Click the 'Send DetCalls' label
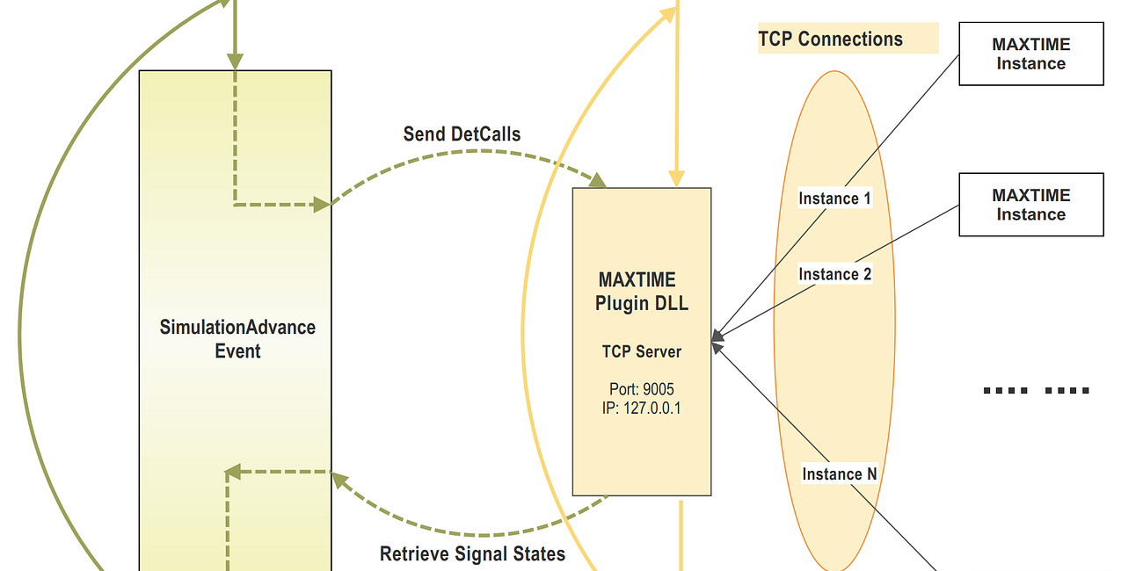click(462, 134)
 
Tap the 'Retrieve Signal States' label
click(472, 554)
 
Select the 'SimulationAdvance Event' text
click(237, 339)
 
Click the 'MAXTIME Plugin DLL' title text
click(641, 292)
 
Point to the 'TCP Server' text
click(641, 351)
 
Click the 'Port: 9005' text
click(641, 389)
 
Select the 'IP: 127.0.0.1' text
click(641, 408)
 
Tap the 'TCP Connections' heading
click(830, 40)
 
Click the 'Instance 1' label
click(834, 199)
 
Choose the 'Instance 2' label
click(834, 274)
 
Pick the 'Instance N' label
click(839, 474)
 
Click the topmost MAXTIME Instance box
click(1030, 54)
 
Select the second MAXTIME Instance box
click(1030, 205)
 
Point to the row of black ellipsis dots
click(1036, 390)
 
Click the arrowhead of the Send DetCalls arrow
click(598, 181)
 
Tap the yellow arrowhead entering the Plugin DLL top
click(676, 179)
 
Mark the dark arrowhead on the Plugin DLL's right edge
click(717, 336)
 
